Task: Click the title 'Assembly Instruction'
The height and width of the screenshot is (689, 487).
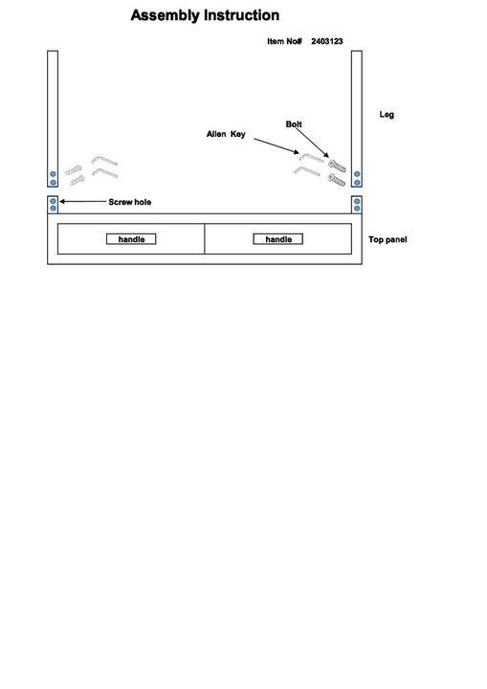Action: (x=205, y=15)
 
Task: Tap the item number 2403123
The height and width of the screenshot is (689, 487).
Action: (x=327, y=41)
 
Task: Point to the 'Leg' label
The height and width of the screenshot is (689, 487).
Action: (x=387, y=115)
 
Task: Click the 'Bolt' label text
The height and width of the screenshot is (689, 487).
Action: (x=294, y=124)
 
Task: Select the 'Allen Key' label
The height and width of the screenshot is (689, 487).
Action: (x=226, y=134)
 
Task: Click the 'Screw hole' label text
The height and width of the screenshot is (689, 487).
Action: (x=130, y=202)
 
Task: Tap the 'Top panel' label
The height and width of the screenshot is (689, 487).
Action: (x=387, y=239)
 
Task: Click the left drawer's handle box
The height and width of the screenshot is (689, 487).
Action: (x=131, y=239)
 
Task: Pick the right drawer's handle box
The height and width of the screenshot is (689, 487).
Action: (x=277, y=239)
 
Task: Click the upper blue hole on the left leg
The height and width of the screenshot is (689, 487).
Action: (x=53, y=174)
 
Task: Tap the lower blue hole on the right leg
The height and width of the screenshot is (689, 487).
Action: (x=357, y=183)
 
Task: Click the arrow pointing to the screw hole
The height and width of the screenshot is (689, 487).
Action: (x=83, y=202)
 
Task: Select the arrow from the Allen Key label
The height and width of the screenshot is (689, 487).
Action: (x=276, y=145)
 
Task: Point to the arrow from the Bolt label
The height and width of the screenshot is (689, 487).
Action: (x=312, y=142)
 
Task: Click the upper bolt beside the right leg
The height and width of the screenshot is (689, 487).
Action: (x=337, y=166)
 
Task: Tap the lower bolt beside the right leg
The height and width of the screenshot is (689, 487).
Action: (x=337, y=179)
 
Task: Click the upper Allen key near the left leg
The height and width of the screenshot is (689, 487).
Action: (x=104, y=160)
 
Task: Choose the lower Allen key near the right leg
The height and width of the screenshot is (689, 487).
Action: (x=307, y=171)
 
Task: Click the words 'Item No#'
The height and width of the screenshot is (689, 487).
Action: (x=284, y=41)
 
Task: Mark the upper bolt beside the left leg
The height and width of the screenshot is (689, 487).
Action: (x=74, y=170)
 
